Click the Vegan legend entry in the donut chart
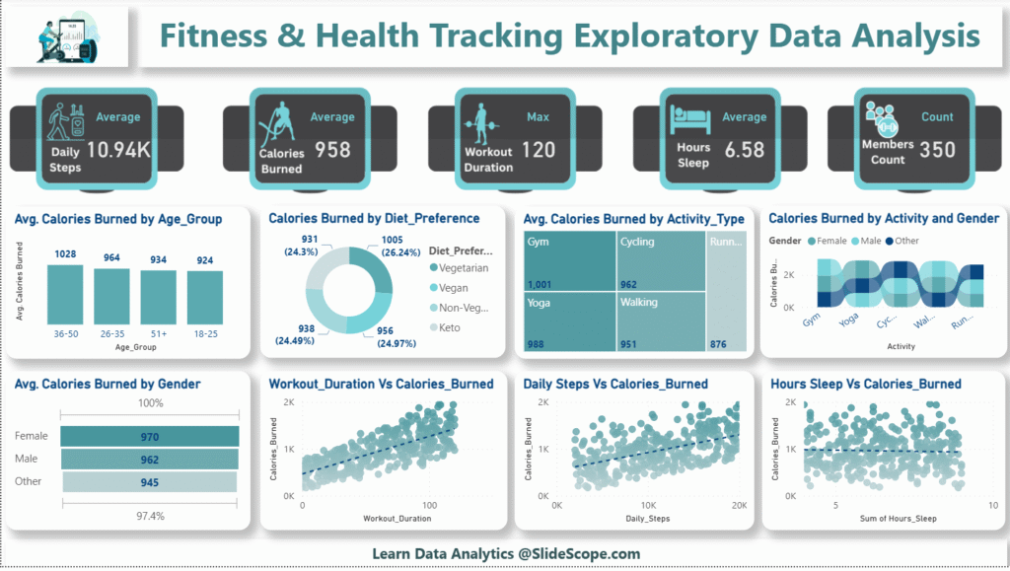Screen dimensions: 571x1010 tap(449, 287)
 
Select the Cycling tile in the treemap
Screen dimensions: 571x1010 tap(660, 262)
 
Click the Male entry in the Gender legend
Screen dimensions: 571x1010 tap(868, 242)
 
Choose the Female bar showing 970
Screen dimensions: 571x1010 tap(150, 436)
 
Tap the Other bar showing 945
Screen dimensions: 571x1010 tap(150, 482)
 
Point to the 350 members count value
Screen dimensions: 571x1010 tap(937, 150)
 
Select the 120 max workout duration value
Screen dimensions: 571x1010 tap(539, 150)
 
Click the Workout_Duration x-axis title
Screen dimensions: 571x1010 tap(383, 517)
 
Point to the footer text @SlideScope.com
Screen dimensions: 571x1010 tap(576, 553)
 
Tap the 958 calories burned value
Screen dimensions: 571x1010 tap(332, 150)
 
